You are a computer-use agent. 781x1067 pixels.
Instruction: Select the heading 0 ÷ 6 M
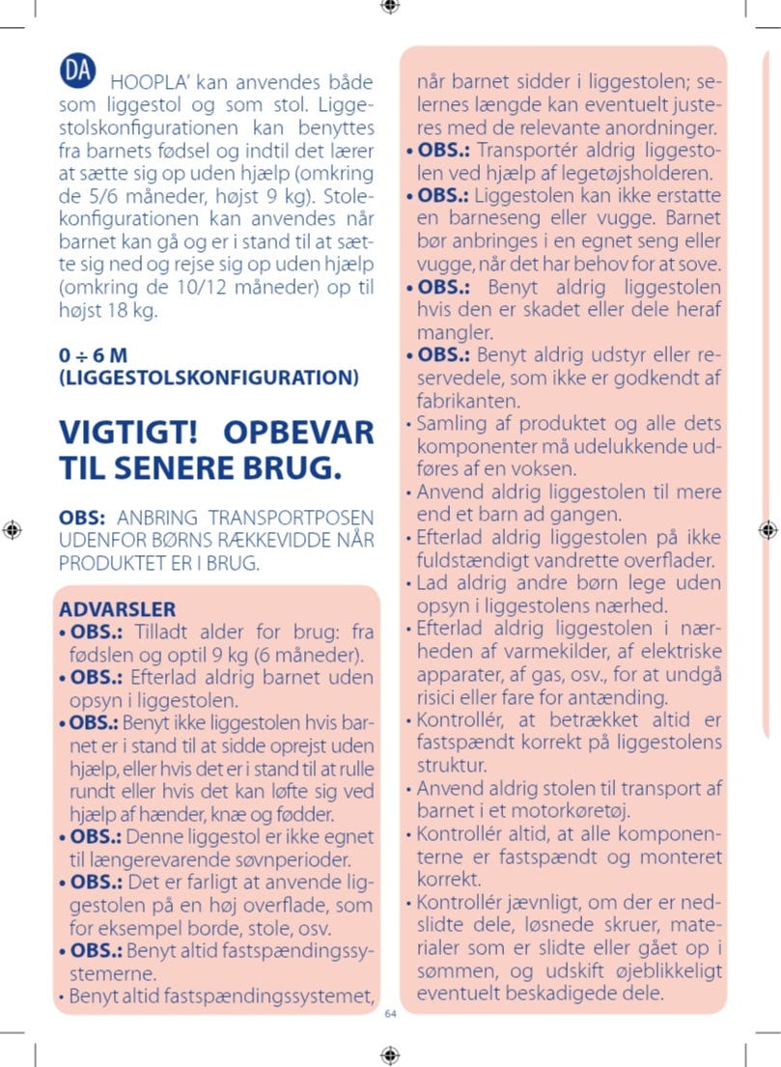click(94, 354)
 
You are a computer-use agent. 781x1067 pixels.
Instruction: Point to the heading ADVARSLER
click(117, 609)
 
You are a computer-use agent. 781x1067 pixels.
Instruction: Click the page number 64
click(390, 1014)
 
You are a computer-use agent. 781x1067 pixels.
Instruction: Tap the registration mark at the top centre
click(390, 7)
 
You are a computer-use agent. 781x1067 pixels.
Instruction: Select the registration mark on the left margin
click(12, 529)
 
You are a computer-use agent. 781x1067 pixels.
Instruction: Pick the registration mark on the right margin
click(767, 529)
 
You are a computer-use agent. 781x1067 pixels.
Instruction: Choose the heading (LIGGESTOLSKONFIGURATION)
click(209, 377)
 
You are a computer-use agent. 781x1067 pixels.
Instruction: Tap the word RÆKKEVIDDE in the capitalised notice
click(261, 540)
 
